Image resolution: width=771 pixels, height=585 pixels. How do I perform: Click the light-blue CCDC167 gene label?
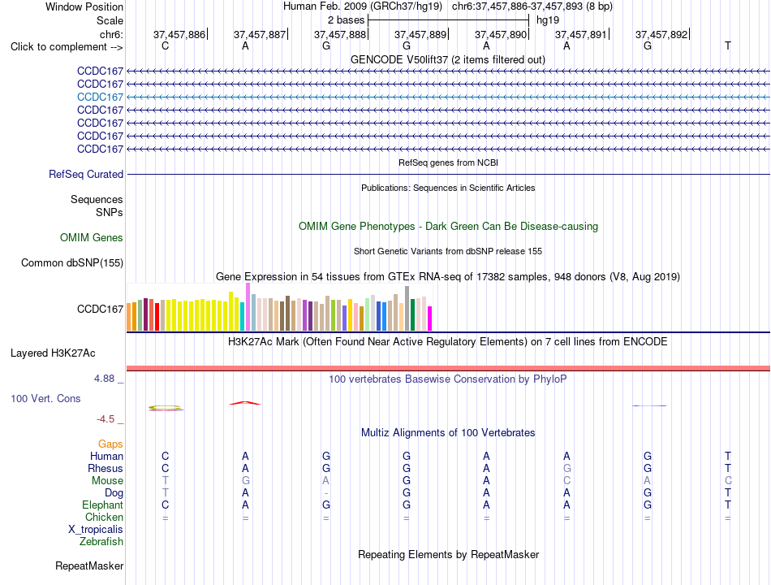tap(100, 97)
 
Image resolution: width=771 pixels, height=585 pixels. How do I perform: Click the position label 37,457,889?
tap(420, 34)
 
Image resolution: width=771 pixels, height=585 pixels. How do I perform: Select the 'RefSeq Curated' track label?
tap(86, 175)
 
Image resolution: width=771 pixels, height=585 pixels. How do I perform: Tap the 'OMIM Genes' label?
tap(92, 238)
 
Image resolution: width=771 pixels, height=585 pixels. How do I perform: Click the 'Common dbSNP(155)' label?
tap(72, 263)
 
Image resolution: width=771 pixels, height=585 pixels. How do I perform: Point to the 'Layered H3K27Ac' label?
tap(53, 353)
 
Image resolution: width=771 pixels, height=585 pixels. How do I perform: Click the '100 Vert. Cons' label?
tap(45, 398)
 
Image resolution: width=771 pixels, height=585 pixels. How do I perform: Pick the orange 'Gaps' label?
tap(110, 444)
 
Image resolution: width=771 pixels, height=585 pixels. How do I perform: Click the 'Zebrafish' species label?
tap(101, 542)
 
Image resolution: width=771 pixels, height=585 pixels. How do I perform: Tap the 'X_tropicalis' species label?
tap(96, 530)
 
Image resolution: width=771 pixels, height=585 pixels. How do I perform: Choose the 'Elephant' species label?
tap(103, 505)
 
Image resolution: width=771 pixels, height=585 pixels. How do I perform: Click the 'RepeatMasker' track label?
tap(89, 566)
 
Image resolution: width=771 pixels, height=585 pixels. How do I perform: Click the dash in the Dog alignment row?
tap(326, 493)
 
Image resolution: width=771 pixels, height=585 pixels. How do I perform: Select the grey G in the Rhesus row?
tap(567, 468)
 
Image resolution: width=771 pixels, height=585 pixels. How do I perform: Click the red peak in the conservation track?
tap(245, 403)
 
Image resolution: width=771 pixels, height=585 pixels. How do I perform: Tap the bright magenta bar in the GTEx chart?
tap(430, 318)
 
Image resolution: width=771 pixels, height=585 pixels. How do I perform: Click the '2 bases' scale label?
tap(347, 20)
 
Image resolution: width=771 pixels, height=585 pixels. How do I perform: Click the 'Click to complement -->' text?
tap(67, 47)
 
